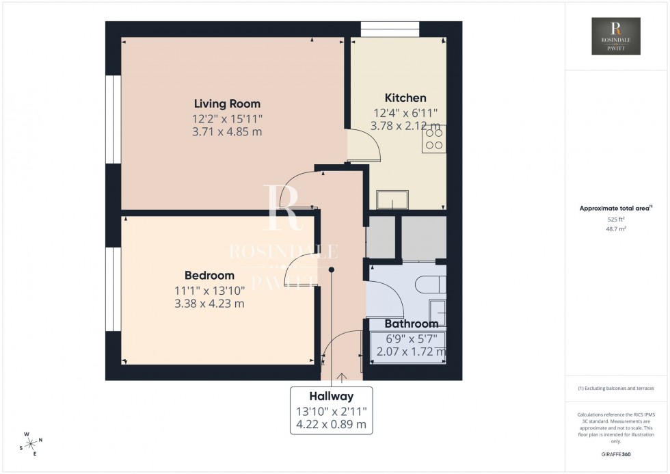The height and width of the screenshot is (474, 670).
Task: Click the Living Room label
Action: [227, 104]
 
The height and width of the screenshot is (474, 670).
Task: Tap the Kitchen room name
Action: [405, 98]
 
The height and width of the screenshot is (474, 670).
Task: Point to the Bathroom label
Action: [411, 324]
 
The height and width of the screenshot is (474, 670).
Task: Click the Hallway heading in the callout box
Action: [332, 396]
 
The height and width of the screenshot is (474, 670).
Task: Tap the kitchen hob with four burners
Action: [434, 139]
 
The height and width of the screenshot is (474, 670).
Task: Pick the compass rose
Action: [31, 443]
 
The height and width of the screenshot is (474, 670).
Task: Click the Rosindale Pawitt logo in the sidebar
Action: [617, 36]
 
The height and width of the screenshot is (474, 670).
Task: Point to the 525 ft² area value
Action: [616, 219]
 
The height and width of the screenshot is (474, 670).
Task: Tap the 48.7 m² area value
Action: [616, 230]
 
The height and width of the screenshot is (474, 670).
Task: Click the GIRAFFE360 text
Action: [616, 453]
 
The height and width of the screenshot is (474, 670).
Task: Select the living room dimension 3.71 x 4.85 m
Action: [227, 132]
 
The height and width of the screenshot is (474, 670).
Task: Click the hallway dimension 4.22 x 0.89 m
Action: [332, 425]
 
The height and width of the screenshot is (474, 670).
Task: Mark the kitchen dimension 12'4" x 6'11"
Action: [405, 112]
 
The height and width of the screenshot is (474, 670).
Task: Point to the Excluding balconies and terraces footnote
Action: [616, 388]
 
